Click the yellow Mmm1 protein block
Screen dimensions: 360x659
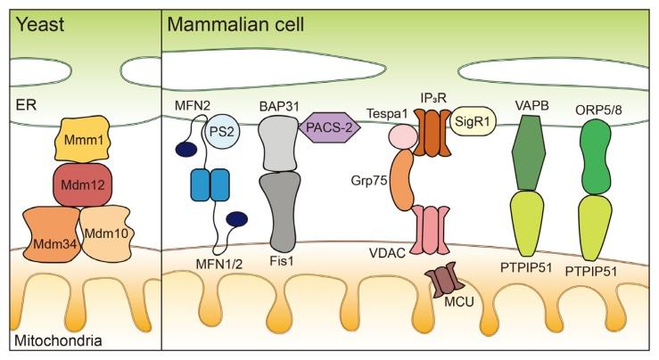[83, 139]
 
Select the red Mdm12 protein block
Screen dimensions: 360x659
[83, 184]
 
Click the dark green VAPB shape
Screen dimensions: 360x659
[534, 156]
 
